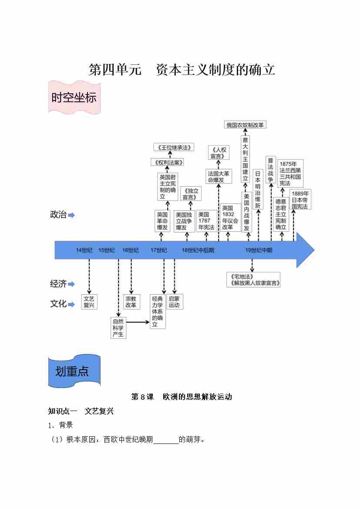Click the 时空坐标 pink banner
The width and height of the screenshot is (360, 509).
tap(74, 98)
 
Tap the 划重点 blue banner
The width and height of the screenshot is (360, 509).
tap(74, 371)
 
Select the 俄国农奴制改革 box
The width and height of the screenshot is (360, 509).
tap(245, 125)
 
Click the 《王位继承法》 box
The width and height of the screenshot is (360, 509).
tap(173, 147)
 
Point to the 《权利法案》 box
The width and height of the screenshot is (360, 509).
tap(167, 162)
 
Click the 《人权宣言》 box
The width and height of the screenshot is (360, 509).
tap(219, 153)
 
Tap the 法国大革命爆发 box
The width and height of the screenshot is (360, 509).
tap(219, 176)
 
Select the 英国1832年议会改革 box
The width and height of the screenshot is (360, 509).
tap(230, 218)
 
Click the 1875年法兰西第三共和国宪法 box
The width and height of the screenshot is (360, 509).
tap(290, 173)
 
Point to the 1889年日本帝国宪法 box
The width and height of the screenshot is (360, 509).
tap(300, 200)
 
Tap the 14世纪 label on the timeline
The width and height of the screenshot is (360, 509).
tap(84, 250)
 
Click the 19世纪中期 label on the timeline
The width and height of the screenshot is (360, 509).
tap(259, 250)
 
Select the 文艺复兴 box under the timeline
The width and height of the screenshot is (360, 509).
tap(89, 302)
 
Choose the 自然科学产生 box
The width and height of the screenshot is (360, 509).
tap(118, 328)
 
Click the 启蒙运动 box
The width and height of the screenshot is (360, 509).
tap(174, 302)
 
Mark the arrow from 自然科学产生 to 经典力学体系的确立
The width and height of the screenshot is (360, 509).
tap(138, 322)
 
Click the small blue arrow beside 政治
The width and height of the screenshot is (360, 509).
tap(71, 215)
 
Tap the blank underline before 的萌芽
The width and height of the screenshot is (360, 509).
tap(166, 440)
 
